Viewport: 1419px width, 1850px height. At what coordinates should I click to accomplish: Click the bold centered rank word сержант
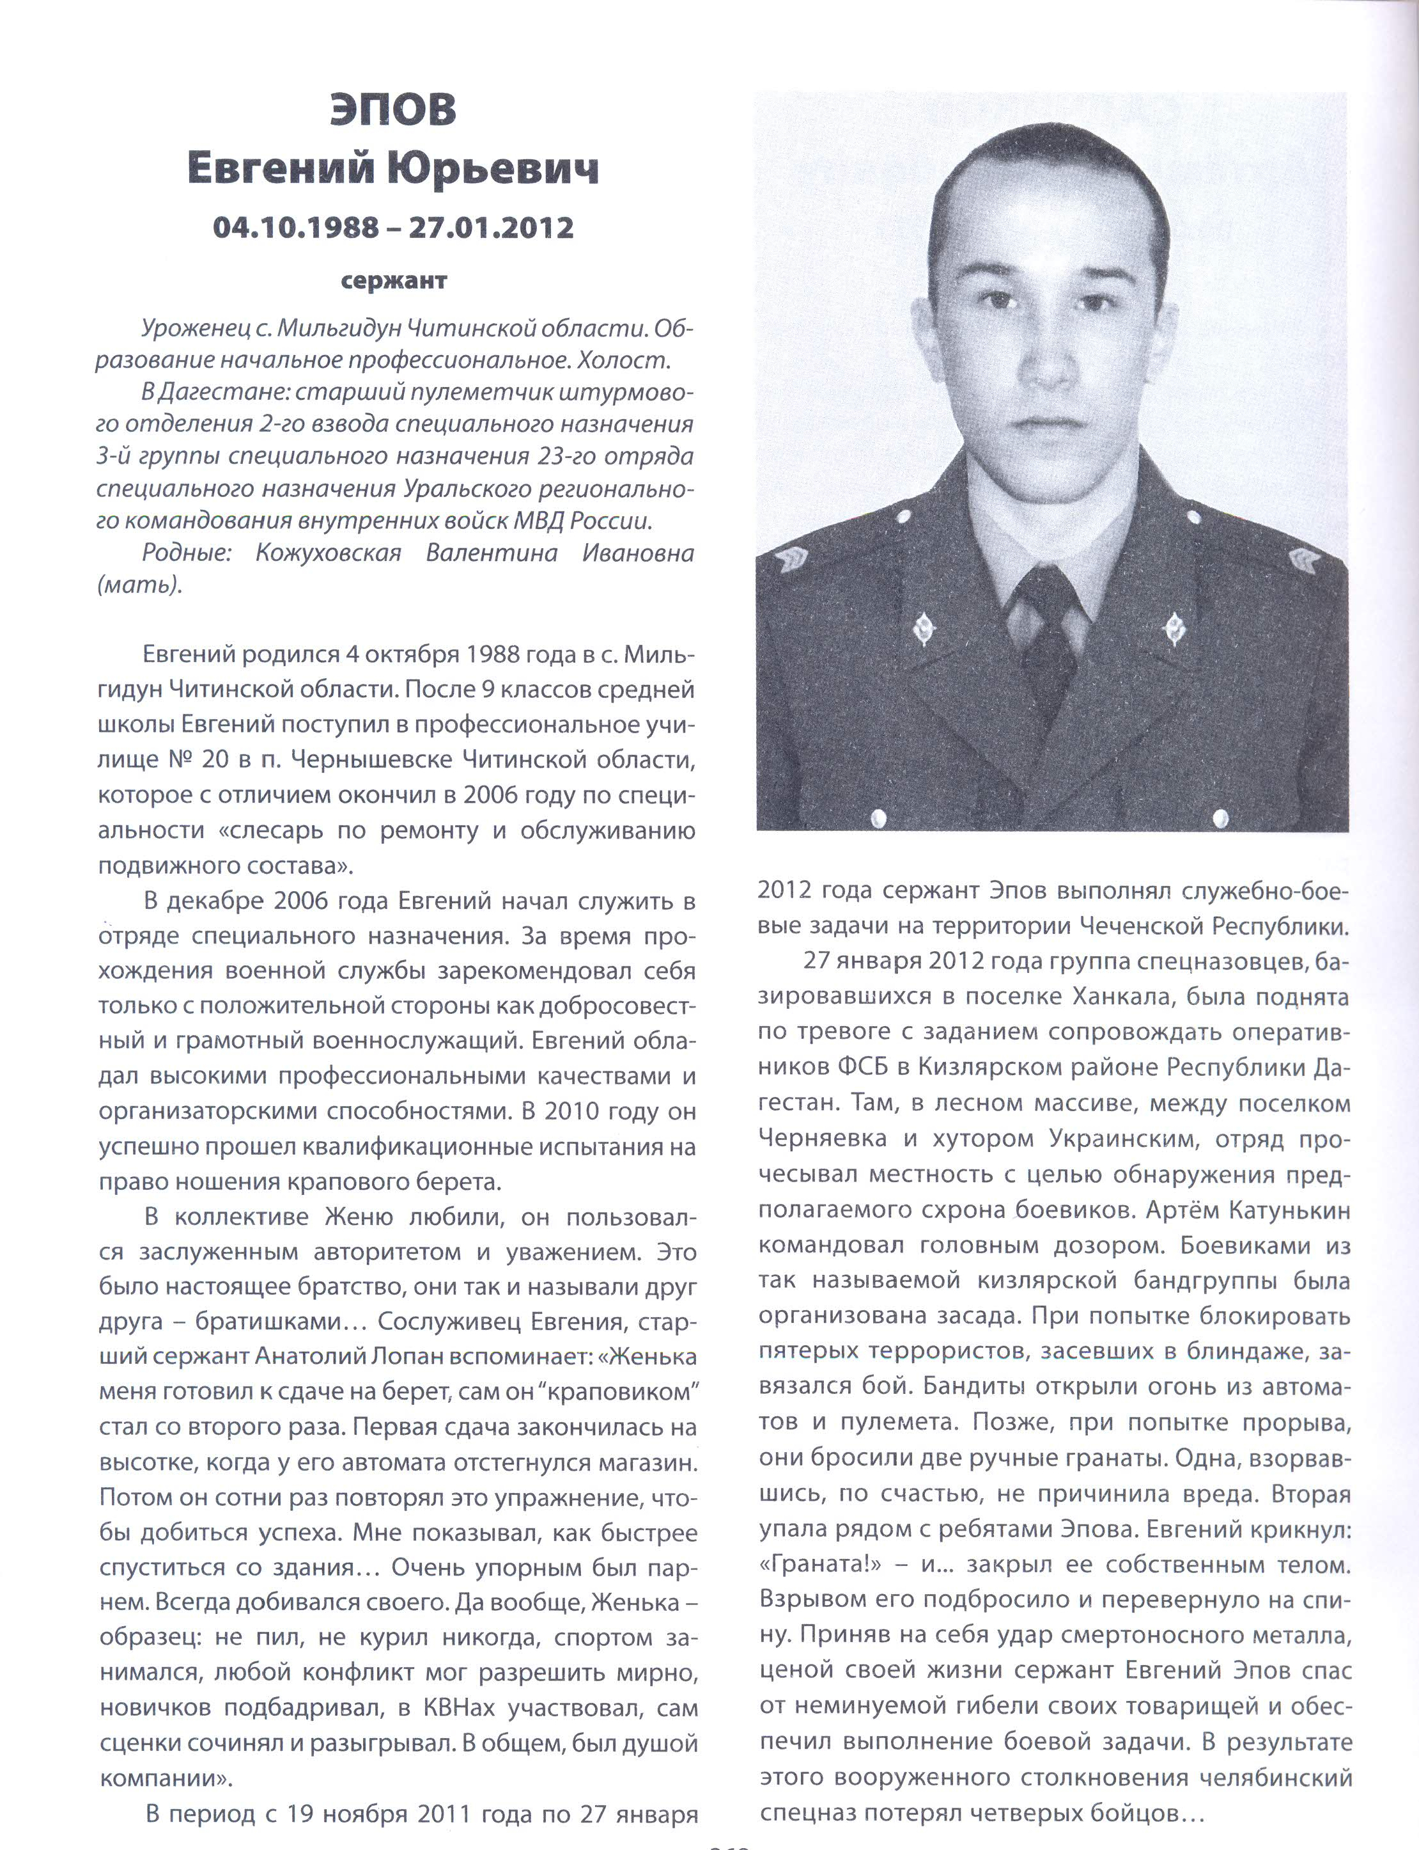[x=394, y=281]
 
